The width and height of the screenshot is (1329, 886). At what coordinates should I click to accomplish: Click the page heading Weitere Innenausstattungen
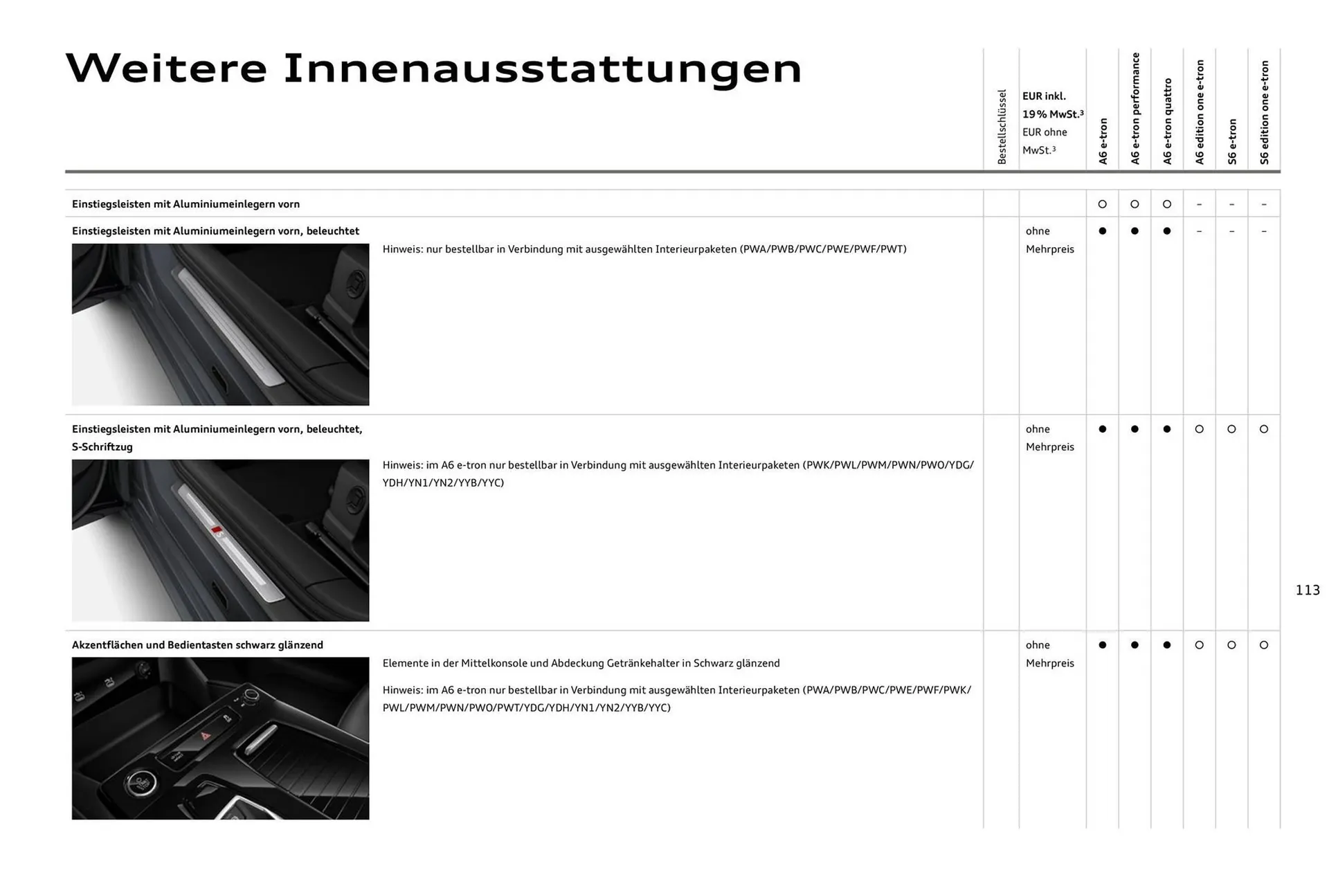433,69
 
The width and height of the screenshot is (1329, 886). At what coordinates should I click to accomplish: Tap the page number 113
1307,590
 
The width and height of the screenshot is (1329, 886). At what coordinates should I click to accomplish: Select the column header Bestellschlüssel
1002,127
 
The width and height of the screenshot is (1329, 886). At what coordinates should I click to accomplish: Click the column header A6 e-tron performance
1135,109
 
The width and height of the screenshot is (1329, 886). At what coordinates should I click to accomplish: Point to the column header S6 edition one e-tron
1265,112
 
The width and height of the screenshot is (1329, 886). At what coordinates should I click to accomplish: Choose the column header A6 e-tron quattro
1168,121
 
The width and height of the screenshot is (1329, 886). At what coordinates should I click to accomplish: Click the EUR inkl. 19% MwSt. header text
1052,105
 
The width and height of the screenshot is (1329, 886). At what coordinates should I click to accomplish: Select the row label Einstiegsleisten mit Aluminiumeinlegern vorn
186,204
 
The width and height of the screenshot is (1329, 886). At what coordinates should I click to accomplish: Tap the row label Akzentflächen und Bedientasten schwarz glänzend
197,645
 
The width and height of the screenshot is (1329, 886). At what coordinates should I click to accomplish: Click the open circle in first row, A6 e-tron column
1103,204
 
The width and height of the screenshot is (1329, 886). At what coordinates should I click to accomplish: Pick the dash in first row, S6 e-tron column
1231,204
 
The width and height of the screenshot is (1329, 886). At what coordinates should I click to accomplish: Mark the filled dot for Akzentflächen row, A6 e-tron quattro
1167,645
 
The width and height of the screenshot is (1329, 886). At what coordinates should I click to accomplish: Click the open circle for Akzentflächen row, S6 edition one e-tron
1264,645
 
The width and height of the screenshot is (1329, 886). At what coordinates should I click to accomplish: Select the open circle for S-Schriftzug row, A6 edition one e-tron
1200,429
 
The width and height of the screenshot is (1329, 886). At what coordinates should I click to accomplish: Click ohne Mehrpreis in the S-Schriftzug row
1049,438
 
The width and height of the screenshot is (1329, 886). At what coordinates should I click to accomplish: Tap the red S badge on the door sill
217,532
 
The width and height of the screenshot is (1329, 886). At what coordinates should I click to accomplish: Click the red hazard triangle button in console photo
206,736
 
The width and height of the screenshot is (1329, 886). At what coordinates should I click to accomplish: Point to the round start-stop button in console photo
141,784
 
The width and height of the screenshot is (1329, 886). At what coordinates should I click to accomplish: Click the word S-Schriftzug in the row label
102,447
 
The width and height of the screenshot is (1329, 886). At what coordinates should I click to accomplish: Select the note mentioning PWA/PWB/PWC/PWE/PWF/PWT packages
644,249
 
